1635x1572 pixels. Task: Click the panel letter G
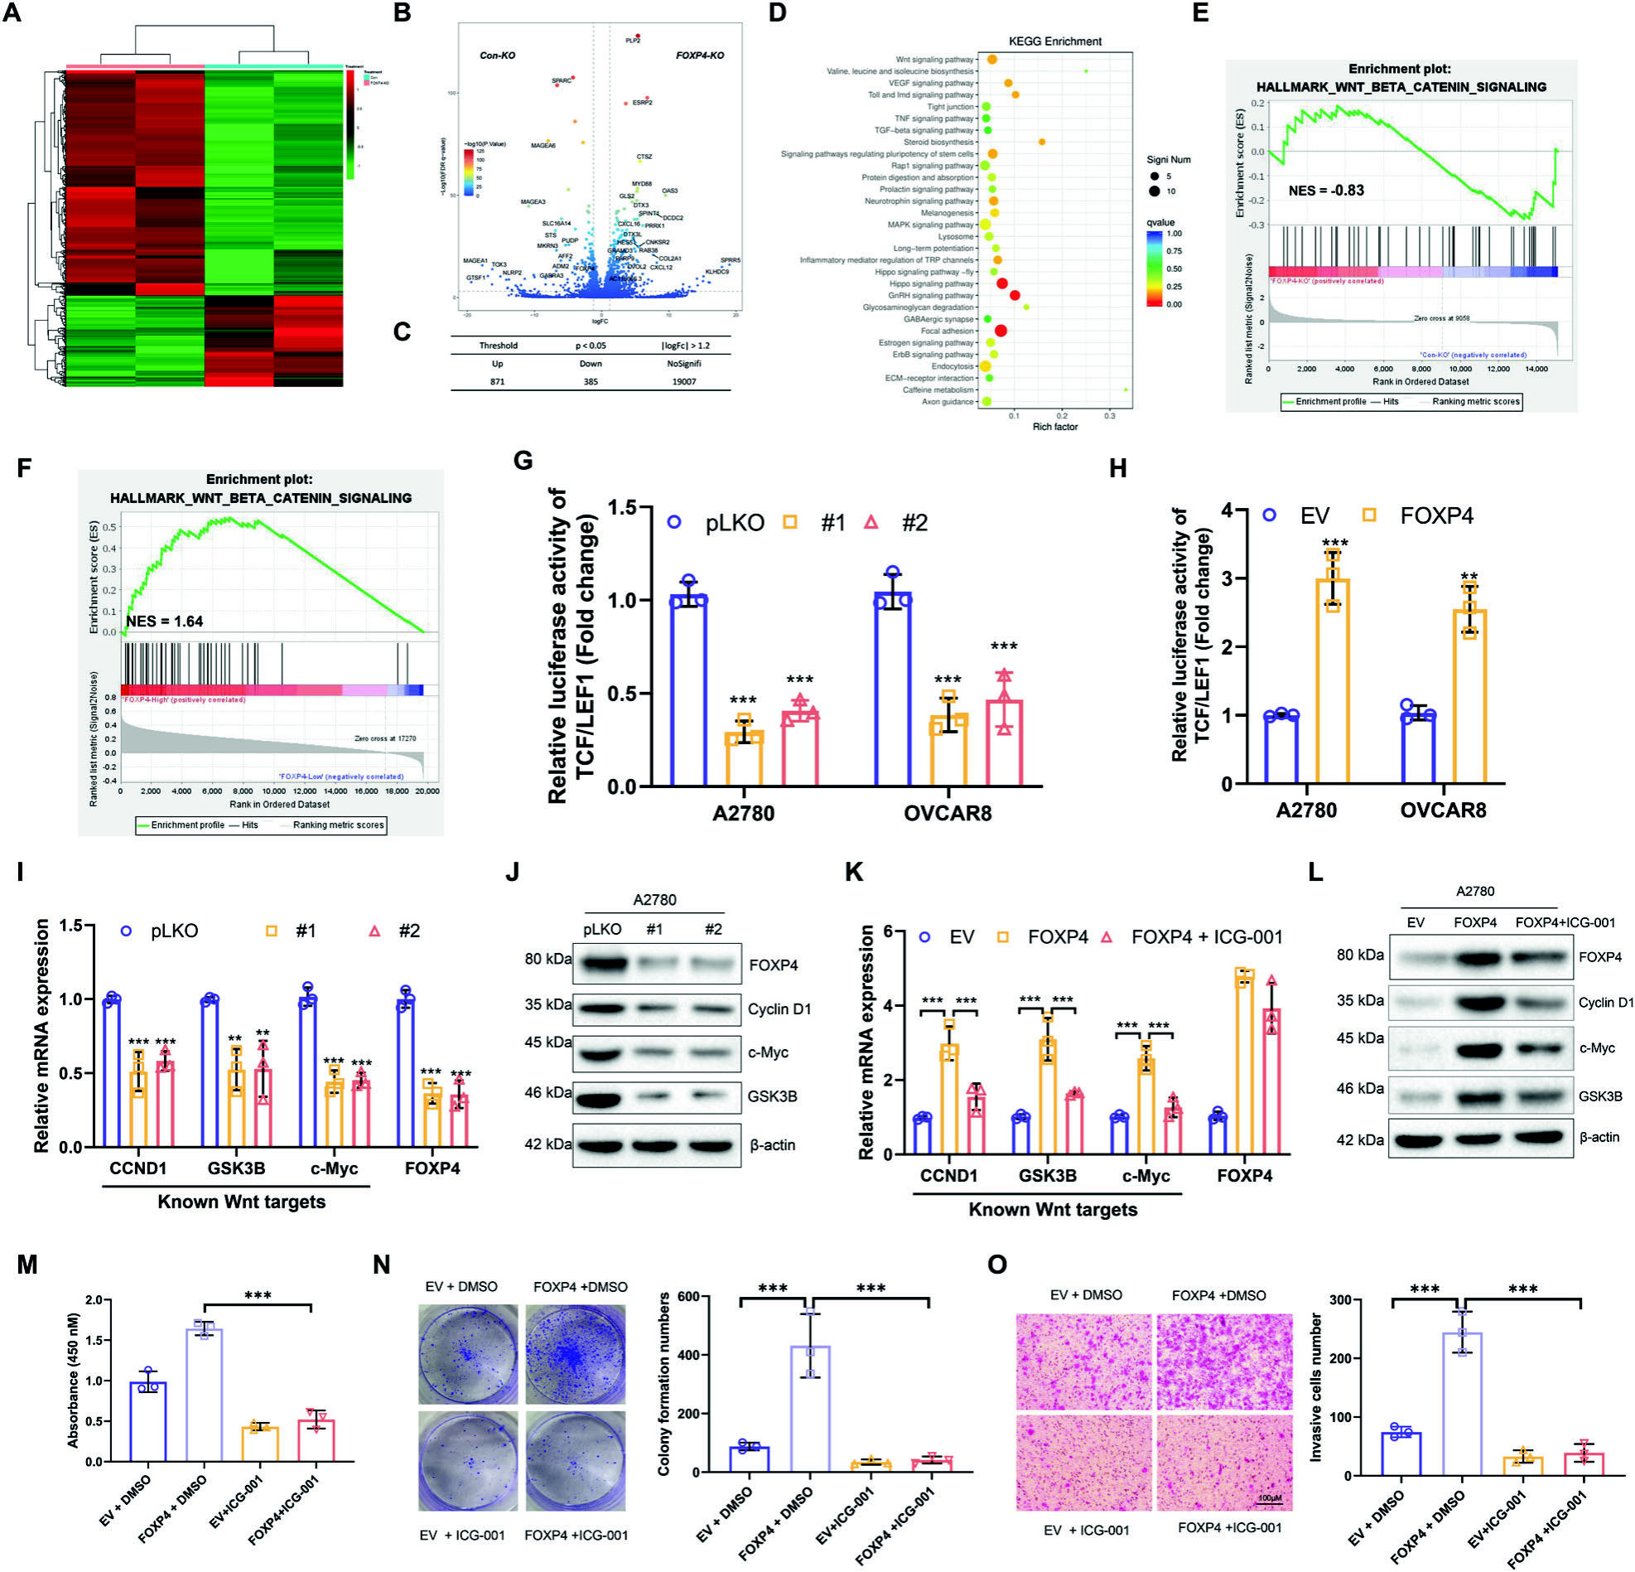coord(523,461)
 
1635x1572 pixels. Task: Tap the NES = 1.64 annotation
coord(164,621)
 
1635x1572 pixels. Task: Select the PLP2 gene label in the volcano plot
coord(633,40)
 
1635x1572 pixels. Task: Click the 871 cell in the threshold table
coord(497,381)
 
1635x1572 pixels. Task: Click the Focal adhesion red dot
coord(1001,331)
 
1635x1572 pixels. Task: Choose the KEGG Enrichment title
coord(1054,41)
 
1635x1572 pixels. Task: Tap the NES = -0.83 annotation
coord(1325,191)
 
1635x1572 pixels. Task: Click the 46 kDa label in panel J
coord(548,1093)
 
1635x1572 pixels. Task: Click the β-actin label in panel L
coord(1599,1136)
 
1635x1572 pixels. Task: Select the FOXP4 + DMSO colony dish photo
coord(576,1352)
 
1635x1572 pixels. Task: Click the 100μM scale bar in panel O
coord(1269,1497)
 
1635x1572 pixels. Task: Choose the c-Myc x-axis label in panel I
coord(334,1168)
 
